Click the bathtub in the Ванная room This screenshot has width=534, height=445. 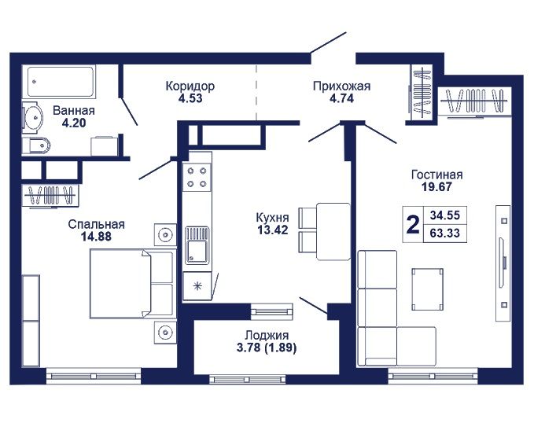pyautogui.click(x=60, y=82)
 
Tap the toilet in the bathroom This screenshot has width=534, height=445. pyautogui.click(x=35, y=146)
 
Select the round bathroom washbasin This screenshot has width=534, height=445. pyautogui.click(x=33, y=117)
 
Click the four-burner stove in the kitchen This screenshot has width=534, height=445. pyautogui.click(x=197, y=177)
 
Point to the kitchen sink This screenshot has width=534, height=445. pyautogui.click(x=197, y=245)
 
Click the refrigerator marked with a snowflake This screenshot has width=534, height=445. pyautogui.click(x=197, y=285)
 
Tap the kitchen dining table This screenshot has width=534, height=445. pyautogui.click(x=333, y=231)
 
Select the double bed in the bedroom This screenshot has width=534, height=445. pyautogui.click(x=133, y=284)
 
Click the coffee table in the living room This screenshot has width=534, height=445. pyautogui.click(x=427, y=289)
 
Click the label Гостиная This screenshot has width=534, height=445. pyautogui.click(x=437, y=175)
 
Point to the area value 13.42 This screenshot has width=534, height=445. pyautogui.click(x=272, y=230)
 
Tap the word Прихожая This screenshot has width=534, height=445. pyautogui.click(x=341, y=86)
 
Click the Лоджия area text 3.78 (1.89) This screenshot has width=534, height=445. pyautogui.click(x=267, y=348)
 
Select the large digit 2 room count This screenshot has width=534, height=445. pyautogui.click(x=413, y=225)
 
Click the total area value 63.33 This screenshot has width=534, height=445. pyautogui.click(x=445, y=234)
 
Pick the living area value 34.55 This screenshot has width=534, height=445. pyautogui.click(x=445, y=215)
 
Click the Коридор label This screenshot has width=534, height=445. pyautogui.click(x=190, y=86)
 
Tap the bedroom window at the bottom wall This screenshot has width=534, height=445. pyautogui.click(x=94, y=377)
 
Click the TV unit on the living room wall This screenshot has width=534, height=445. pyautogui.click(x=503, y=263)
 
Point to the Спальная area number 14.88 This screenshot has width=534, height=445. pyautogui.click(x=96, y=237)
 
